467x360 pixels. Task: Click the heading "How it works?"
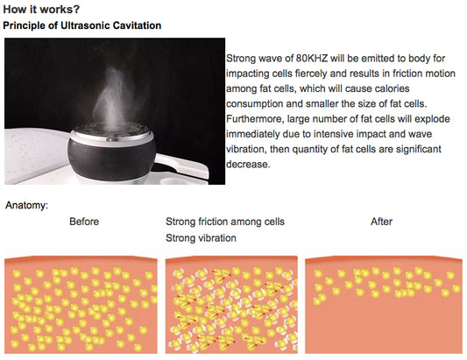[x=41, y=10]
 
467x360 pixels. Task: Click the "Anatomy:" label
[x=26, y=206]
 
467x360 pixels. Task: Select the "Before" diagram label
[x=84, y=222]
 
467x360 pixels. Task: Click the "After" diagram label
[x=381, y=222]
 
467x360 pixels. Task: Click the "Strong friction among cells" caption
[x=225, y=222]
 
